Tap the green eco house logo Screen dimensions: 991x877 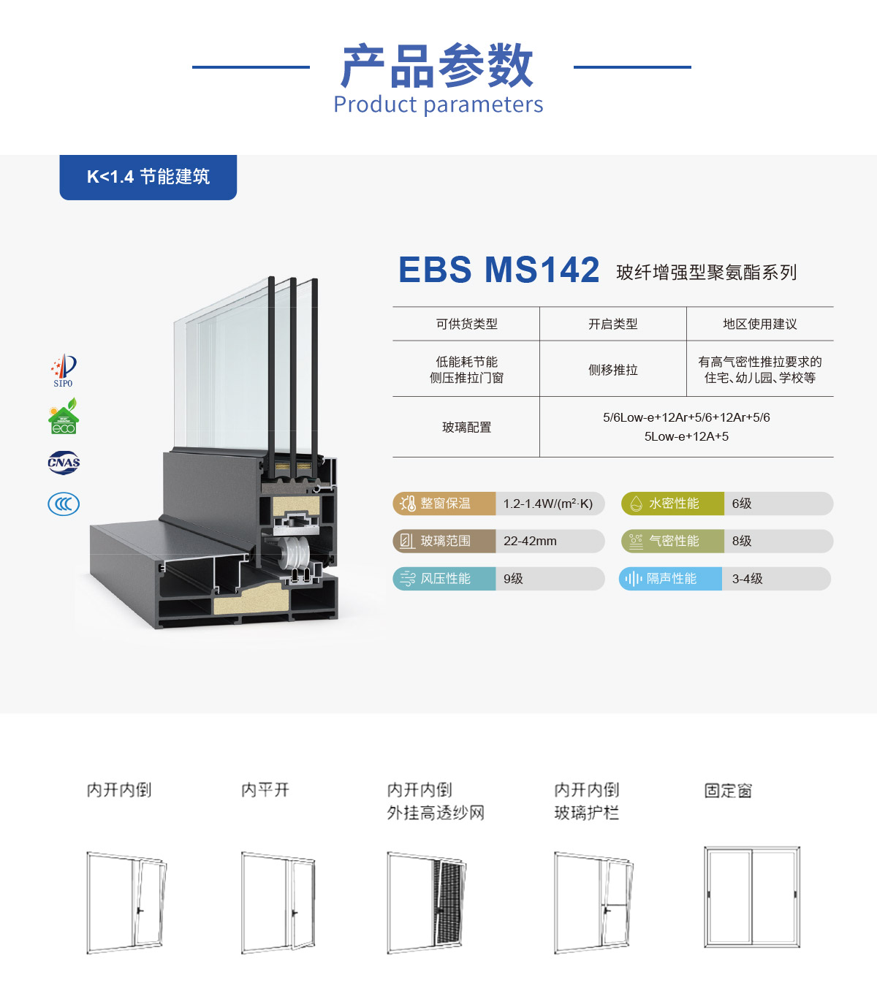[64, 417]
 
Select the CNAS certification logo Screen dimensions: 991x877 [64, 462]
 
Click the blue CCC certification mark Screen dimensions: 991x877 [64, 504]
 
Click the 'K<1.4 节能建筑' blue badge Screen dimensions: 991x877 [148, 177]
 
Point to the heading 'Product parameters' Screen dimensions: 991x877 [438, 105]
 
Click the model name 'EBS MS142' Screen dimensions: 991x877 [498, 270]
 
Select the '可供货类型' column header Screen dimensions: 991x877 [466, 324]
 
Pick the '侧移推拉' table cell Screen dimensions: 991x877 [612, 370]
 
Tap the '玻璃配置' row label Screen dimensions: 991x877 [466, 428]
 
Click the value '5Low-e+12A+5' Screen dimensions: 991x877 [686, 436]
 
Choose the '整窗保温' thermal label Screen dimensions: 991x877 [445, 504]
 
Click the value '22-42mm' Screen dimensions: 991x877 [530, 542]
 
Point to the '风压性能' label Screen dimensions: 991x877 [445, 579]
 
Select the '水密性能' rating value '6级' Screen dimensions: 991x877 [742, 504]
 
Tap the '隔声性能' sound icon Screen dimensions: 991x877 [633, 579]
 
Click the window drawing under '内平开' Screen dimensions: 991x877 [278, 902]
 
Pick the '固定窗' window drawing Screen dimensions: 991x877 [752, 897]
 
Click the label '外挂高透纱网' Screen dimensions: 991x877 [436, 813]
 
